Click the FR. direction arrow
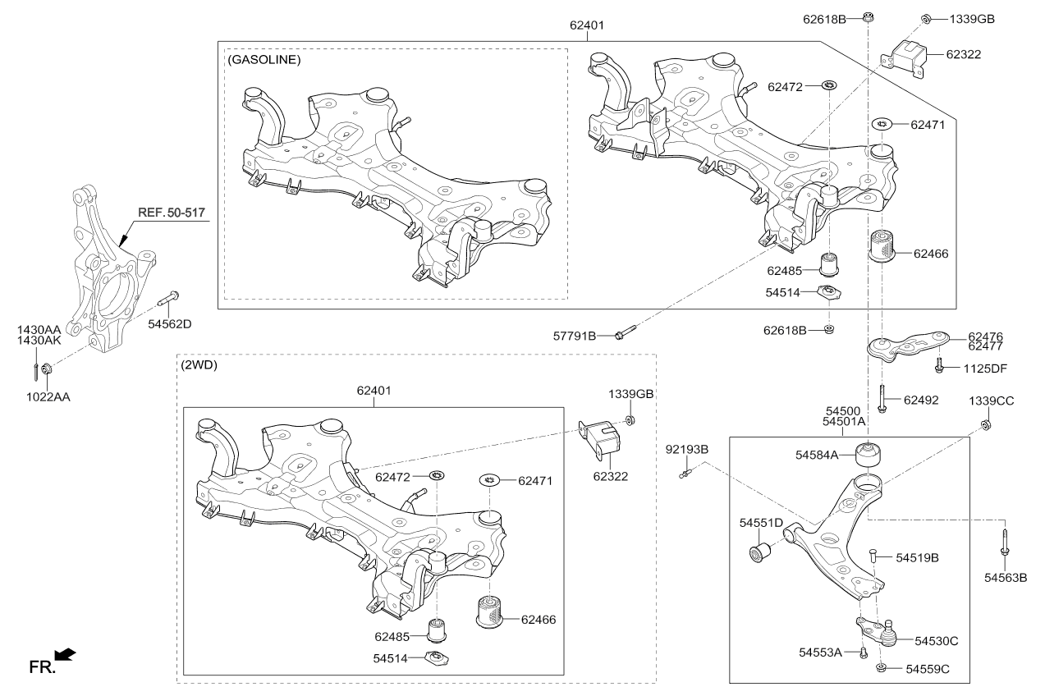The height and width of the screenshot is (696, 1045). (66, 655)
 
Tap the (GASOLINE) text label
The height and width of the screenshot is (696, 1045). (264, 60)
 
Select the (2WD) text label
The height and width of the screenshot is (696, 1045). (199, 364)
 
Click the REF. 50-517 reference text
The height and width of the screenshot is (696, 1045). (172, 213)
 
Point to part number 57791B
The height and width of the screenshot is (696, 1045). (575, 336)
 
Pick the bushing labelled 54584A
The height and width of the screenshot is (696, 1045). (868, 455)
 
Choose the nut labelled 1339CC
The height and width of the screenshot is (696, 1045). (986, 425)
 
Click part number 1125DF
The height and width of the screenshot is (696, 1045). (985, 369)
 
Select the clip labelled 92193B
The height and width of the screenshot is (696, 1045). (685, 474)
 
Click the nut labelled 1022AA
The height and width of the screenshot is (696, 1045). (47, 369)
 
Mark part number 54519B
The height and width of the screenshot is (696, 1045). (917, 558)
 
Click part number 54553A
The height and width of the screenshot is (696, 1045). (820, 652)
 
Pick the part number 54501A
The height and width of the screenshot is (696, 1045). (843, 421)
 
